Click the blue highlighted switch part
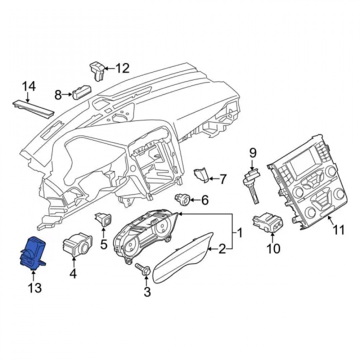33,253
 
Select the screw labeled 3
143,269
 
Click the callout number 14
29,86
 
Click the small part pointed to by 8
81,92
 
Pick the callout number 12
122,68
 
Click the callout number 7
222,179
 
